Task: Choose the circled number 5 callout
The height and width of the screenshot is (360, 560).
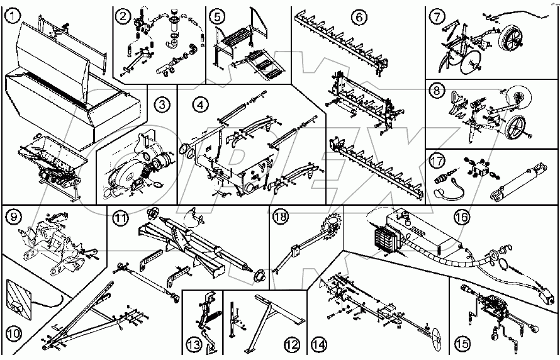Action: coord(217,15)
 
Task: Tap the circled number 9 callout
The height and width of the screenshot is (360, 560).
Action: coord(13,218)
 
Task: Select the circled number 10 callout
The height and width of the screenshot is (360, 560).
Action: coord(14,330)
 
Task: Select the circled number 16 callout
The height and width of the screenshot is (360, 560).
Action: coord(461,217)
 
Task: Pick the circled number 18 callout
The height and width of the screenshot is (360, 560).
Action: coord(280,217)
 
